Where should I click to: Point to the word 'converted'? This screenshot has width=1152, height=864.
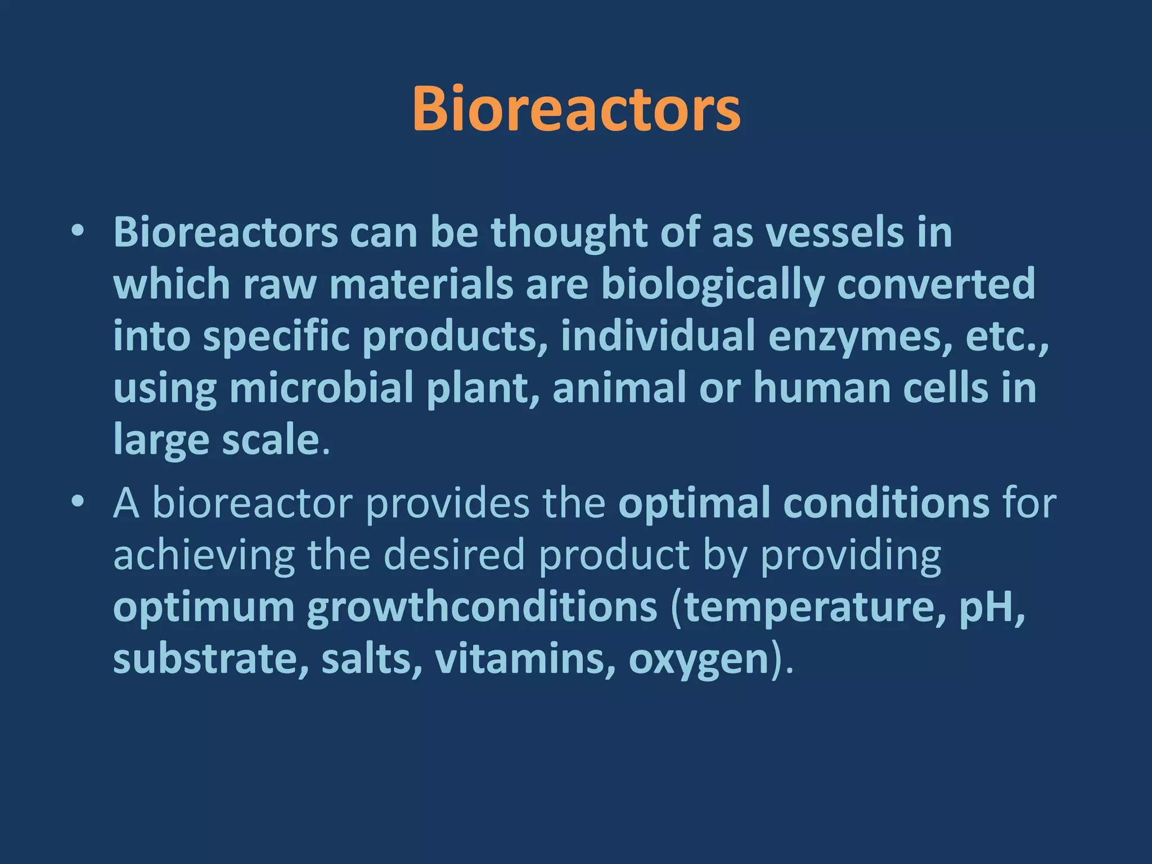point(936,283)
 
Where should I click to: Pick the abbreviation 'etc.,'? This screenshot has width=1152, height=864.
point(1007,336)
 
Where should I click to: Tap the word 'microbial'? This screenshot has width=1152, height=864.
point(321,388)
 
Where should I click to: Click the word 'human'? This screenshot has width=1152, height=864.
point(822,388)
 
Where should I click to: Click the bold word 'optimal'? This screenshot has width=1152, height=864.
point(694,503)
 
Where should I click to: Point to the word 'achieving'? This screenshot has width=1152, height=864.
point(204,555)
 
